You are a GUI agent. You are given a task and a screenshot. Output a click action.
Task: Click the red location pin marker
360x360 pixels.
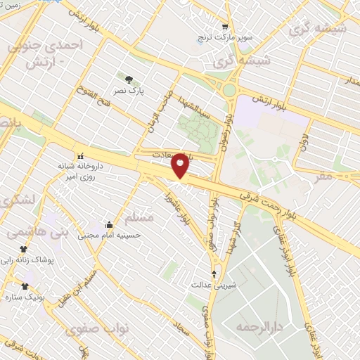tap(180, 165)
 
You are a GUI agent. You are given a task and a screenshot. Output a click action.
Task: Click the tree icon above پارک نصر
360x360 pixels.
tap(128, 79)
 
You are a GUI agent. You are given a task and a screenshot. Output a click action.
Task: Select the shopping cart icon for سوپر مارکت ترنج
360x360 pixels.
tap(224, 24)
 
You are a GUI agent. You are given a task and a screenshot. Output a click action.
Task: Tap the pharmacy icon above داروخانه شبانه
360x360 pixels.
tap(79, 155)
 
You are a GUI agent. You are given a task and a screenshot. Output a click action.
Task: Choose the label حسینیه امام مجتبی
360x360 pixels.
tap(109, 236)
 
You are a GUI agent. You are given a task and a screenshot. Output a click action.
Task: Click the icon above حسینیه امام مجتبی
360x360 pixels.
tap(108, 225)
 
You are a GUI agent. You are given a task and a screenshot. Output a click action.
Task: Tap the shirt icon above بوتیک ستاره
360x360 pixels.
tap(25, 286)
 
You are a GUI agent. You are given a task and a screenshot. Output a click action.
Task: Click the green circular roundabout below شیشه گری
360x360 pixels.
tap(229, 90)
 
